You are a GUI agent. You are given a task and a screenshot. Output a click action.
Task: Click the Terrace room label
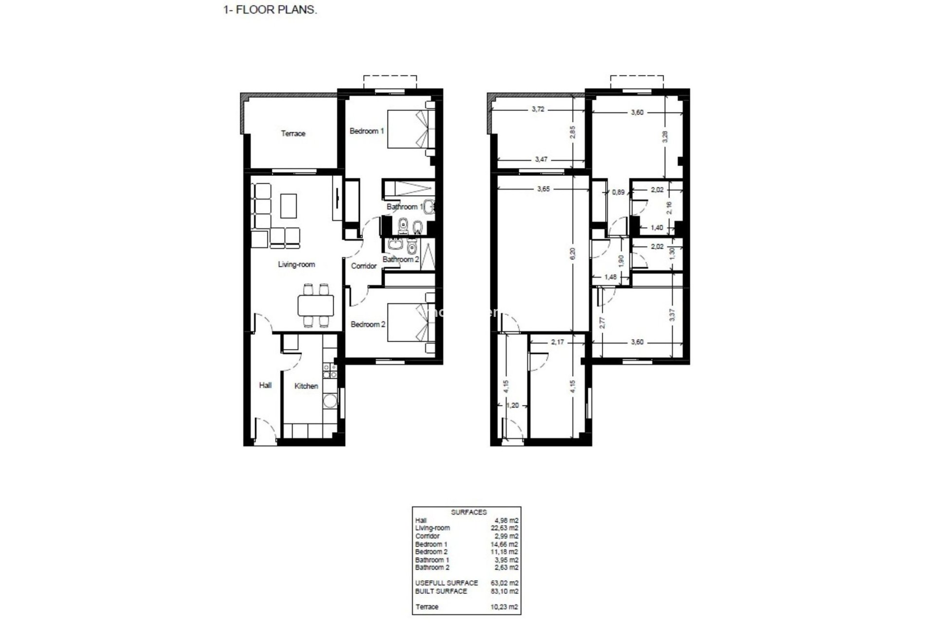[x=293, y=133]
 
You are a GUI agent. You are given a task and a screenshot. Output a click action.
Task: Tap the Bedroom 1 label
[x=367, y=131]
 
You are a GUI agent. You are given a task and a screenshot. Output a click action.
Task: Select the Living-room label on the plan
[x=296, y=264]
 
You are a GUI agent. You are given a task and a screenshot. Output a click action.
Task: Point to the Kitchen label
[x=306, y=386]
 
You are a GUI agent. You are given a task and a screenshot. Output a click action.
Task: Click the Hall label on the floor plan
[x=265, y=385]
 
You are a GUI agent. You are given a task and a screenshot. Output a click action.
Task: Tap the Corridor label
[x=364, y=266]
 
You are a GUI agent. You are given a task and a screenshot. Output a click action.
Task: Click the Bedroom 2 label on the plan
[x=368, y=324]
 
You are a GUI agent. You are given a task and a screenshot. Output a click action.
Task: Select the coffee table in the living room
[x=289, y=205]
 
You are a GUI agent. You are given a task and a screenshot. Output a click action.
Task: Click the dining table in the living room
[x=316, y=306]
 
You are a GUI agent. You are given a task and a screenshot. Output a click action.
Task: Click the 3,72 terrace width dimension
[x=538, y=110]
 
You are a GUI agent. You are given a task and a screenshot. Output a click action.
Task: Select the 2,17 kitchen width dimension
[x=557, y=342]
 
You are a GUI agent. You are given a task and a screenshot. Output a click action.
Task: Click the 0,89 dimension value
[x=618, y=192]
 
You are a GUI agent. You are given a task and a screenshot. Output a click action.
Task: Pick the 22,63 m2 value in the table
[x=505, y=528]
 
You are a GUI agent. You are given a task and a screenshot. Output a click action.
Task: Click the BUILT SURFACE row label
[x=441, y=591]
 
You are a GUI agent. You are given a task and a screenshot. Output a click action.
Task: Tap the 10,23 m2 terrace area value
[x=505, y=607]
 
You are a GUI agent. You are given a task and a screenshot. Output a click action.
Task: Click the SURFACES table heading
[x=468, y=512]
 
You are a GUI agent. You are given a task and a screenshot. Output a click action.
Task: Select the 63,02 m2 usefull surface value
[x=505, y=583]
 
